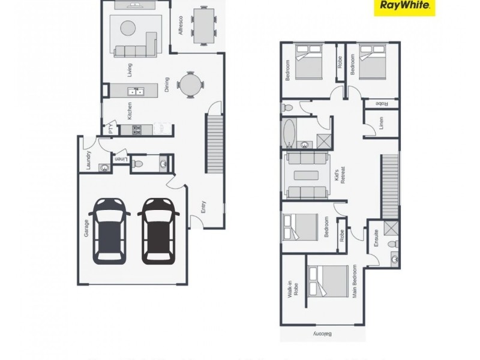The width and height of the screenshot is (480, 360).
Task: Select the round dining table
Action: tap(189, 85)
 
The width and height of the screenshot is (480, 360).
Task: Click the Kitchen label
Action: tap(129, 110)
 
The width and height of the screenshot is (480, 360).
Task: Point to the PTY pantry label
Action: tap(110, 129)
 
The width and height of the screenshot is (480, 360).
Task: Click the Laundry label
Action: tap(89, 160)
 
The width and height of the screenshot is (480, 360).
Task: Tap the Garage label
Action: tap(86, 228)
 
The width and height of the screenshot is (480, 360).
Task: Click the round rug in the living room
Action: tap(128, 28)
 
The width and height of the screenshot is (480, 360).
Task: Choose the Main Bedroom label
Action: tap(355, 282)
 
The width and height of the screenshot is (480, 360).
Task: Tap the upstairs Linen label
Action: tap(382, 124)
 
